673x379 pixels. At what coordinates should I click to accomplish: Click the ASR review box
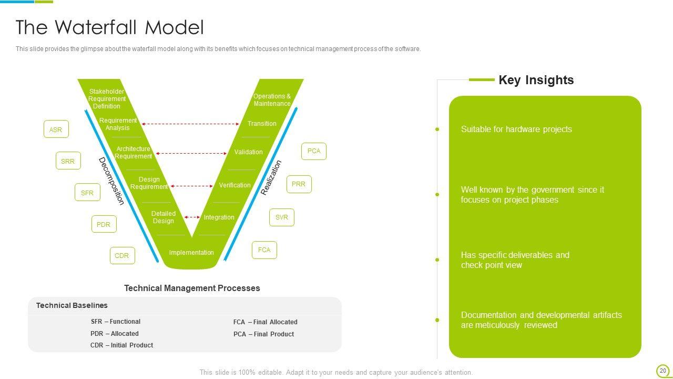click(x=56, y=129)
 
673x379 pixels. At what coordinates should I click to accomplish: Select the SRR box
click(x=68, y=161)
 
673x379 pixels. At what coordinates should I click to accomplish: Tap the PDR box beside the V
click(x=104, y=224)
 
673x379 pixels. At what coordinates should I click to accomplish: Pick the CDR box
click(x=122, y=256)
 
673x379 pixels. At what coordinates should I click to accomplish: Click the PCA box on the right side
click(x=314, y=151)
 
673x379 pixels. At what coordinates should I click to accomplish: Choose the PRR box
click(x=299, y=184)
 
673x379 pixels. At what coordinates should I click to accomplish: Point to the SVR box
click(x=282, y=217)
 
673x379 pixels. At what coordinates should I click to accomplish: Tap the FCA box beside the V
click(x=264, y=250)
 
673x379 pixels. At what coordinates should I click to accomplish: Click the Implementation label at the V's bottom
click(x=191, y=253)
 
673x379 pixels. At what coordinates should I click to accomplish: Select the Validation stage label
click(x=248, y=152)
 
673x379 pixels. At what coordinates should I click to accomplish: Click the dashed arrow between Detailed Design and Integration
click(x=192, y=217)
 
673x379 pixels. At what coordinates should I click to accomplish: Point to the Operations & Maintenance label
click(x=272, y=100)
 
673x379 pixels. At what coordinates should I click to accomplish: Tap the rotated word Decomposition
click(x=111, y=181)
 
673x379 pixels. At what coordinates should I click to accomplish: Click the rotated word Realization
click(x=271, y=178)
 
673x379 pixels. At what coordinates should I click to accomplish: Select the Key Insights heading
click(x=536, y=80)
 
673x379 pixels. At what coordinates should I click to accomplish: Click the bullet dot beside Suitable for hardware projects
click(x=437, y=129)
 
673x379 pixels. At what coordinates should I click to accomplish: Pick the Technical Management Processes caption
click(x=192, y=288)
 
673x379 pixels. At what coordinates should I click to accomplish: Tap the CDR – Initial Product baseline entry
click(x=121, y=345)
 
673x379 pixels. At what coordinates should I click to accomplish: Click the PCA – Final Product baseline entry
click(x=263, y=334)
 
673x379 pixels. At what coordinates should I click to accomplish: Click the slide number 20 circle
click(x=662, y=371)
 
